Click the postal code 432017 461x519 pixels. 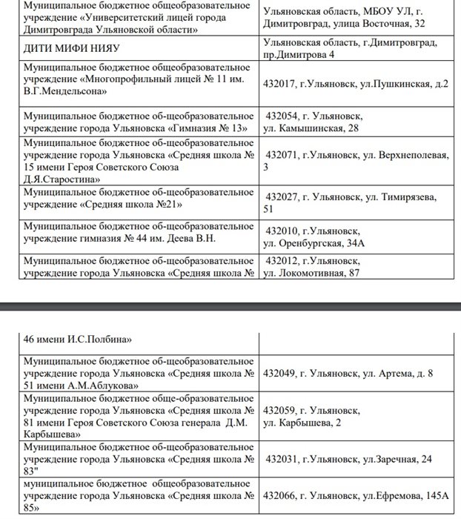tap(280, 85)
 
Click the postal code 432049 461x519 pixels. tap(280, 373)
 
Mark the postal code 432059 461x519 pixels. tap(280, 410)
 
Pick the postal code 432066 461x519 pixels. tap(280, 495)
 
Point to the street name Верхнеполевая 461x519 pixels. tap(414, 154)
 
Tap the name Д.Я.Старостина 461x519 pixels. tap(62, 179)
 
